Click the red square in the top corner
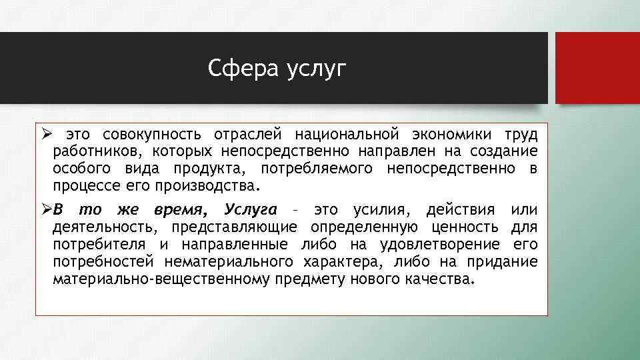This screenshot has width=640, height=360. [x=597, y=68]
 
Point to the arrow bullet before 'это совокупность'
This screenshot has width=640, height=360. [x=43, y=135]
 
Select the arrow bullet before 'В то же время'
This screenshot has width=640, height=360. [x=43, y=211]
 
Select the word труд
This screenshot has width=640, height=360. [x=522, y=135]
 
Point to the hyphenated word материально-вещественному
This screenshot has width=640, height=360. [x=160, y=278]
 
